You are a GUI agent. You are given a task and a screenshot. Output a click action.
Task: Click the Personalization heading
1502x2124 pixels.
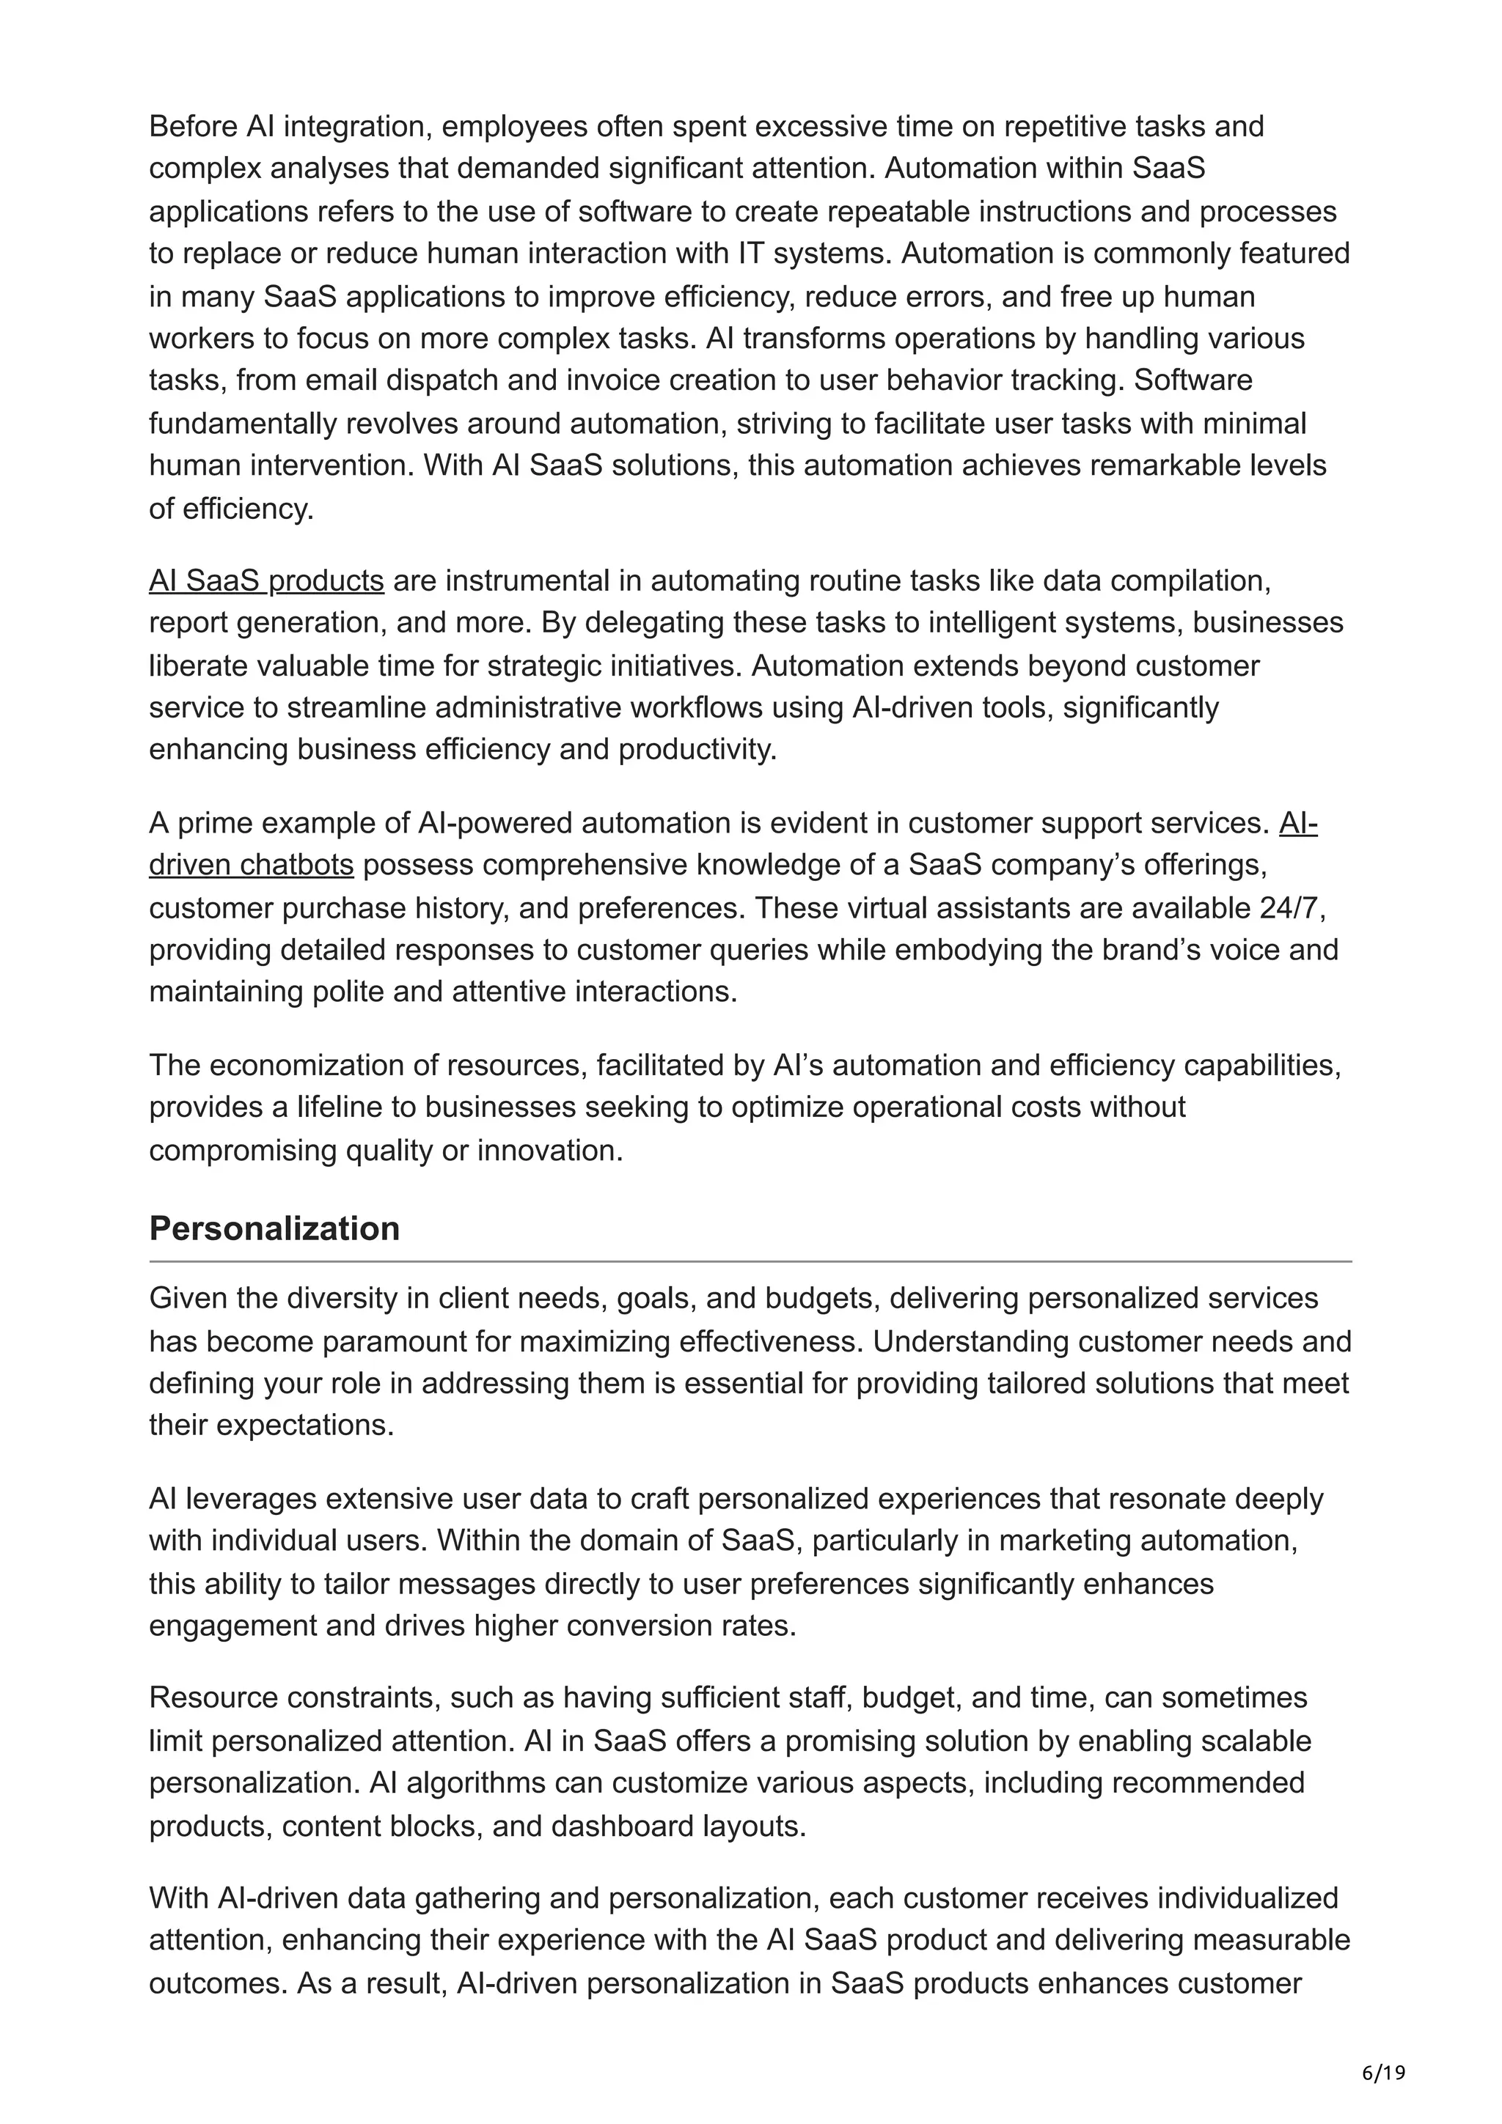click(274, 1228)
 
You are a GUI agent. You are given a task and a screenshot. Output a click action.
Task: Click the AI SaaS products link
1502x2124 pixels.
click(265, 581)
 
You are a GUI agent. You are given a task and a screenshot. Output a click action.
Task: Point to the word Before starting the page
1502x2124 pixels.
click(192, 126)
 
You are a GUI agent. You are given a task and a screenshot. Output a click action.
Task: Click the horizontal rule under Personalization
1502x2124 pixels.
click(750, 1261)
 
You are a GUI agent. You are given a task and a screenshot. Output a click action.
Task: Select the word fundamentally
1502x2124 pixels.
click(243, 424)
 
